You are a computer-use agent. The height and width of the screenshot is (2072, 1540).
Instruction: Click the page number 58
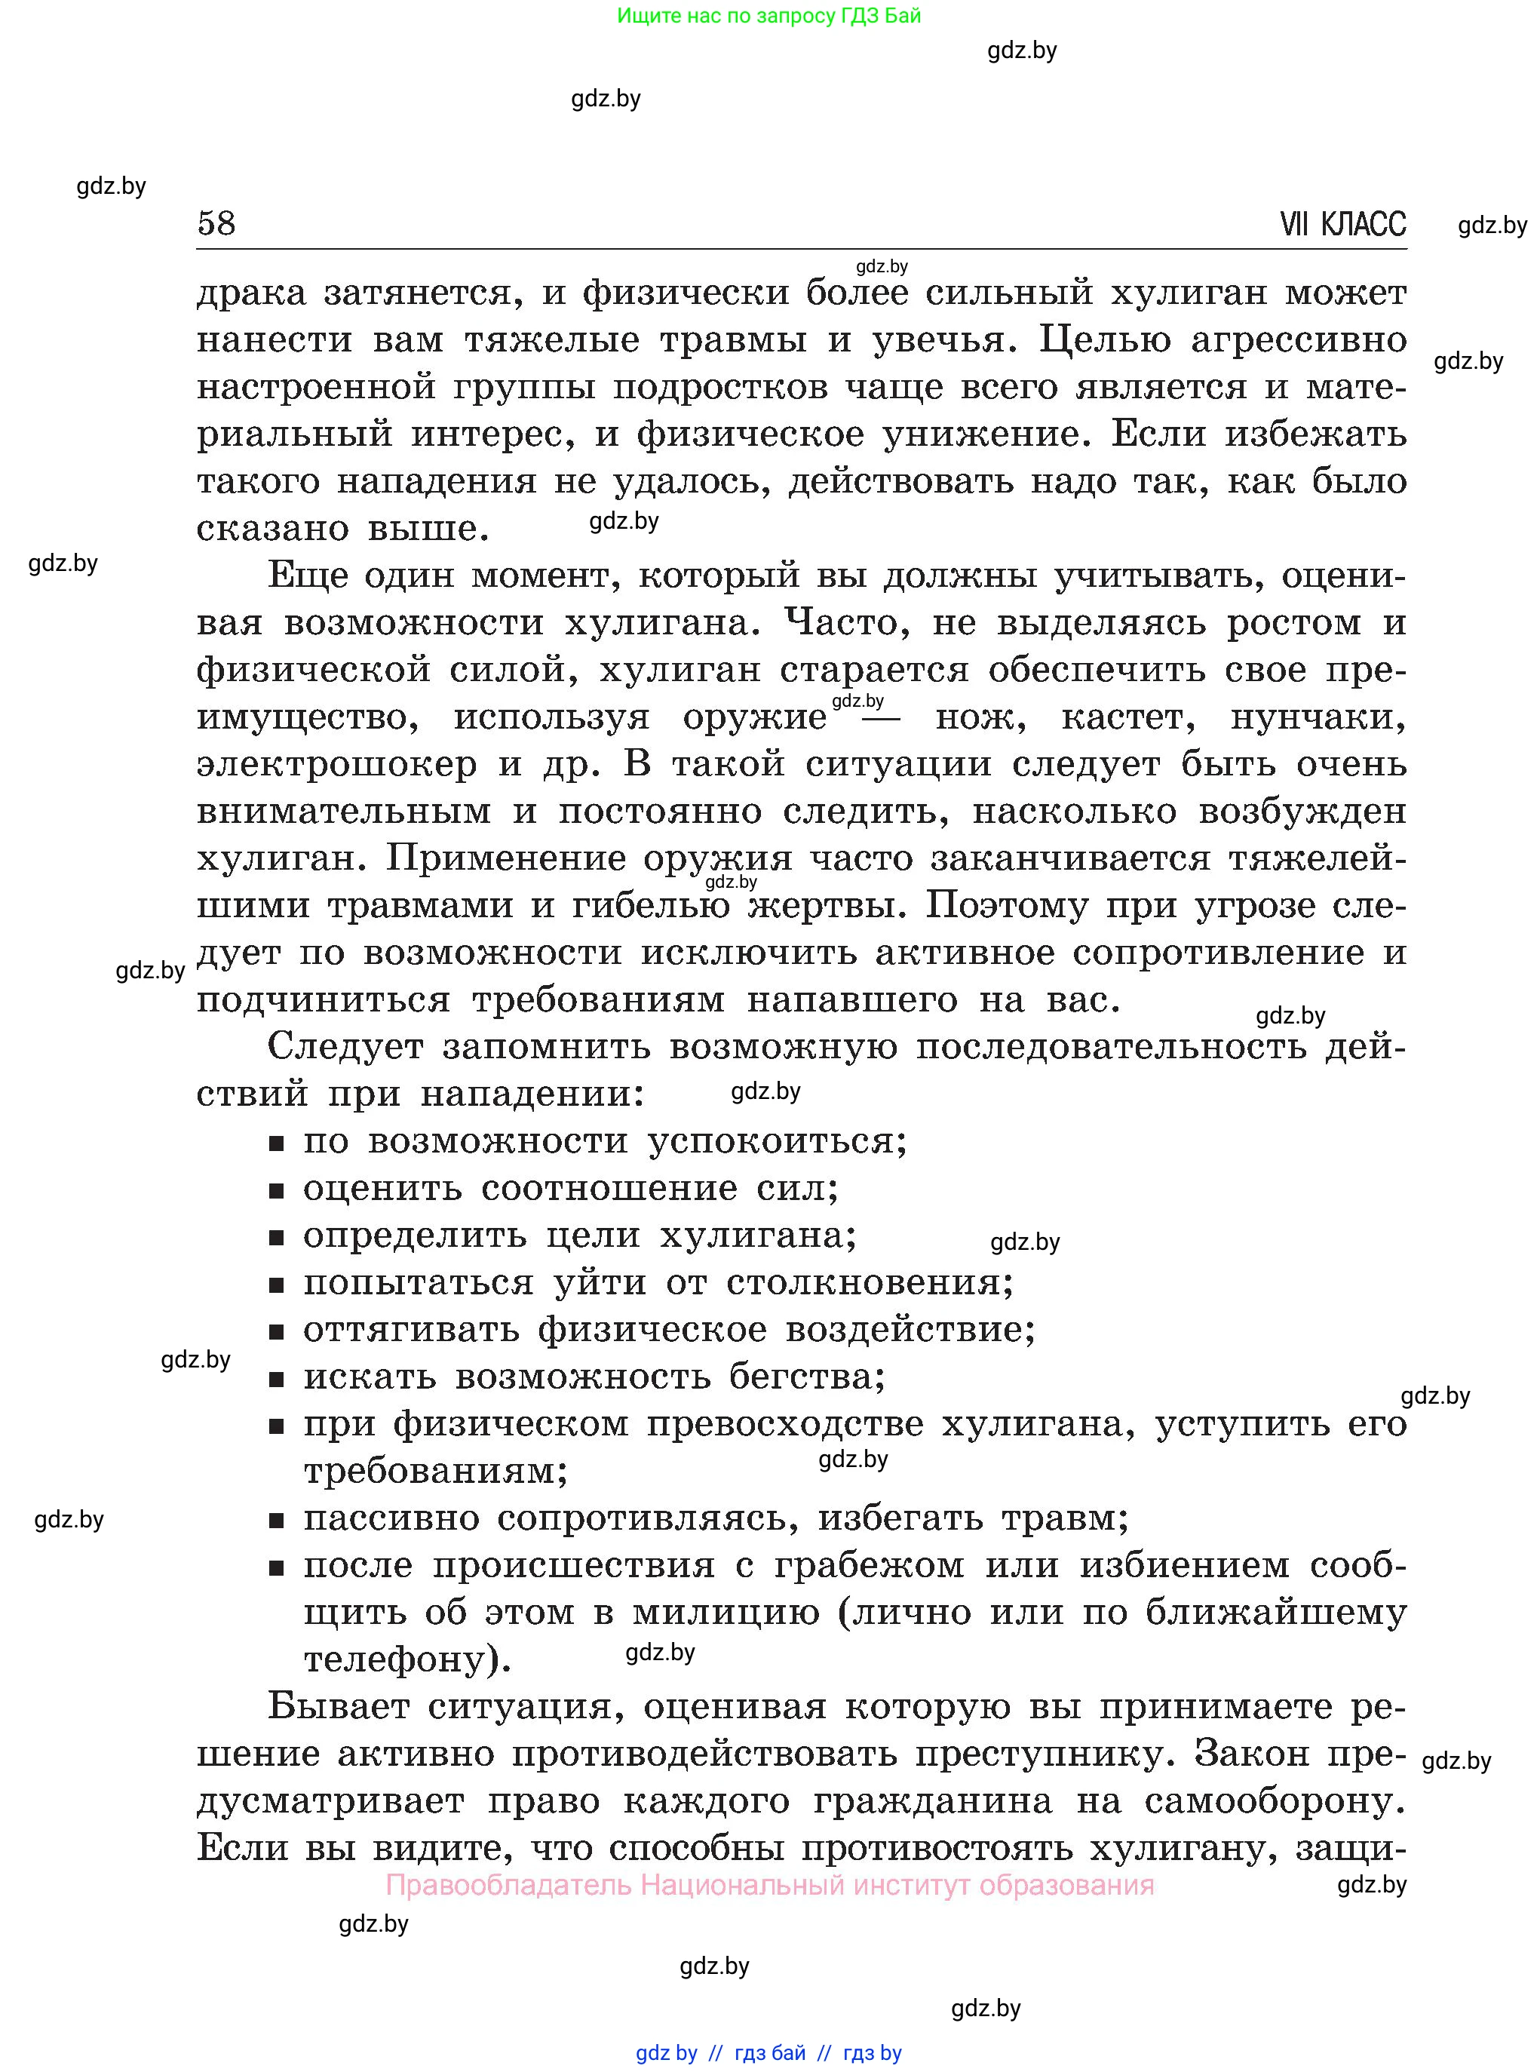click(x=216, y=224)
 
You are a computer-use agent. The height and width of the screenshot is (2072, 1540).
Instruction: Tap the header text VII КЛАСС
click(x=1342, y=225)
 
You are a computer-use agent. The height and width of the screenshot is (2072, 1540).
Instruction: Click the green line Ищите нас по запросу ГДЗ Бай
click(x=768, y=16)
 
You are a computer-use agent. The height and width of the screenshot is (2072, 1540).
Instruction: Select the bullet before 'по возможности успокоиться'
click(x=276, y=1143)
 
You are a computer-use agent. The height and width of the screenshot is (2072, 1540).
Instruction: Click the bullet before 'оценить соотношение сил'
click(x=276, y=1190)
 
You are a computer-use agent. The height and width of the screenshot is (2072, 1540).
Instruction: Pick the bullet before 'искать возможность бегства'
click(x=276, y=1380)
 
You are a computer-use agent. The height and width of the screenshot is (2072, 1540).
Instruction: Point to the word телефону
click(x=395, y=1660)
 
